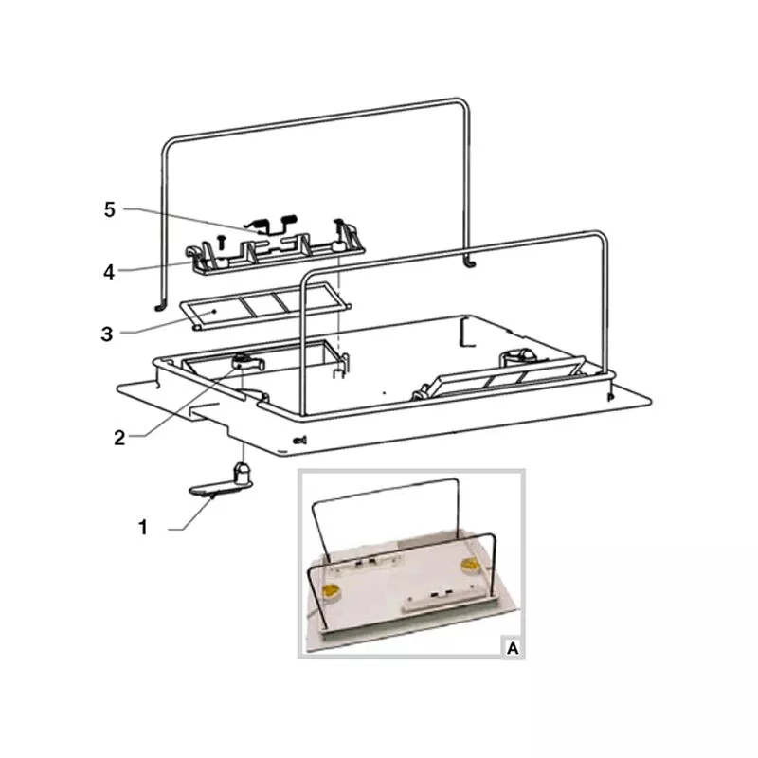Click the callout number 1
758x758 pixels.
point(144,528)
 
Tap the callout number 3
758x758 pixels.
point(108,334)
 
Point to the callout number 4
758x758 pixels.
point(109,272)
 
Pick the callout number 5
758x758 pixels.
point(110,209)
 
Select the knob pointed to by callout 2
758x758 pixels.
point(245,361)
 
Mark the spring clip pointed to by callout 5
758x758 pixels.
point(277,226)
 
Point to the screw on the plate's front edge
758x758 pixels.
point(301,439)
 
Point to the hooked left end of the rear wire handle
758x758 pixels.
point(157,306)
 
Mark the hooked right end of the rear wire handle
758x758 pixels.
point(468,261)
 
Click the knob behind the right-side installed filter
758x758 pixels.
point(515,357)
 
